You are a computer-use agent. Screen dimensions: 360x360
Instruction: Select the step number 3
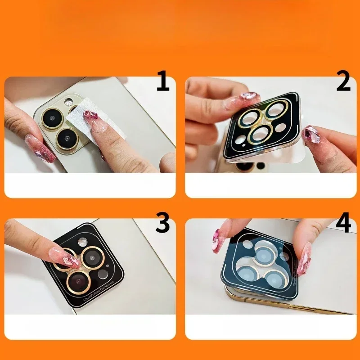tap(162, 222)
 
